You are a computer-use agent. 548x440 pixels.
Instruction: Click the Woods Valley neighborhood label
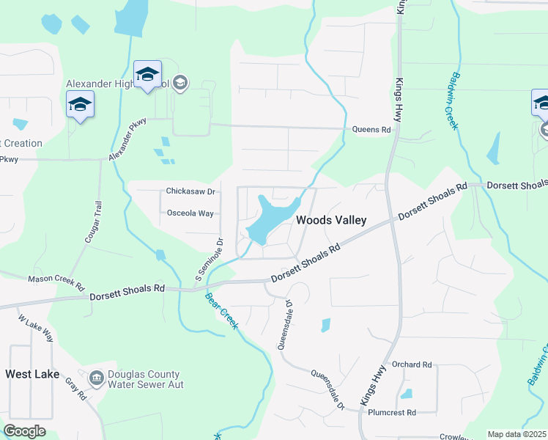pos(330,220)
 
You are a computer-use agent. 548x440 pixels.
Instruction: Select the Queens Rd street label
pos(371,129)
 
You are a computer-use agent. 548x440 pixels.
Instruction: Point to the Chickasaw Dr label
pos(190,191)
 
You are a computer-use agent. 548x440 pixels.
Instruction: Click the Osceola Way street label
pos(190,213)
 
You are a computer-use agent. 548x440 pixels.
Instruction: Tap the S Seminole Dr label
pos(209,260)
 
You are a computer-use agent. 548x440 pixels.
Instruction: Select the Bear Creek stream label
pos(221,311)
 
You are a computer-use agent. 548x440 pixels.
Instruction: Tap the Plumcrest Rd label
pos(392,413)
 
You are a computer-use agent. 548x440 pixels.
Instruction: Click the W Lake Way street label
pos(36,329)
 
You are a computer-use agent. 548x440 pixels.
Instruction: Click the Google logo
pos(24,431)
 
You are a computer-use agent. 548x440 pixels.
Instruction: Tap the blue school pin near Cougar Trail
pos(80,104)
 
